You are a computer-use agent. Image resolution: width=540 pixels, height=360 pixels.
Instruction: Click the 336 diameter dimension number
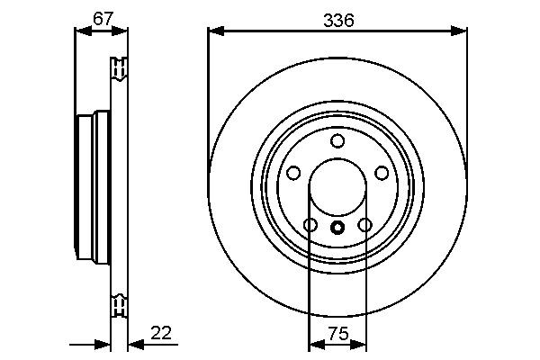(337, 19)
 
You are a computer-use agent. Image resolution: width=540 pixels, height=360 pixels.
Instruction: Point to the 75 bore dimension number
(337, 333)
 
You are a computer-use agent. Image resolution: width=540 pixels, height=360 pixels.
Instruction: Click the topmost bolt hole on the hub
(337, 140)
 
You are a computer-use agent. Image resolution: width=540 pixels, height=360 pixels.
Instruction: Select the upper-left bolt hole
(293, 173)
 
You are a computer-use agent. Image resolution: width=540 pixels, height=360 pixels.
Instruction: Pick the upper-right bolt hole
(382, 173)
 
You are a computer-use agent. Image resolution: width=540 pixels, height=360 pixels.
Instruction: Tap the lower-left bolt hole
(310, 225)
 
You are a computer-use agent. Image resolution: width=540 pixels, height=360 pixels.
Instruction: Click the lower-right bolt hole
(364, 225)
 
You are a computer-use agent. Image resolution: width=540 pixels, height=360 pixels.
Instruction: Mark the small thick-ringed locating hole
(337, 228)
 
